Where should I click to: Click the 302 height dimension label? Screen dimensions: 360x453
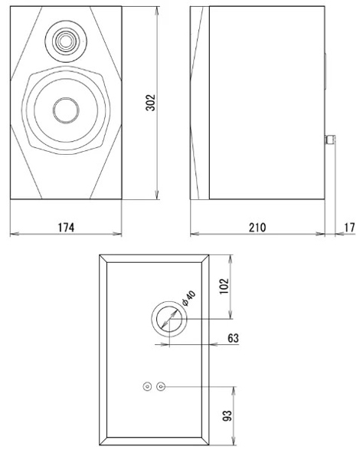coord(150,103)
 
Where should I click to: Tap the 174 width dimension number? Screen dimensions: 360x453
coord(66,228)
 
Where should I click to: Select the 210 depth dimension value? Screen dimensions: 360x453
coord(257,228)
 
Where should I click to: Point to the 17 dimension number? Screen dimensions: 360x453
coord(349,228)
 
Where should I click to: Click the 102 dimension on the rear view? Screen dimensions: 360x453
coord(224,287)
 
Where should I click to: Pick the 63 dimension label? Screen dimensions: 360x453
coord(234,338)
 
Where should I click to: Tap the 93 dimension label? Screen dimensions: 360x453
coord(227,415)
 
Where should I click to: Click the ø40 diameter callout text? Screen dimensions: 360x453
coord(189,298)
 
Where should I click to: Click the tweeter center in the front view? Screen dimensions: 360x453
coord(66,41)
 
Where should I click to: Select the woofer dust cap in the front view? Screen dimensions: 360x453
coord(66,110)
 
